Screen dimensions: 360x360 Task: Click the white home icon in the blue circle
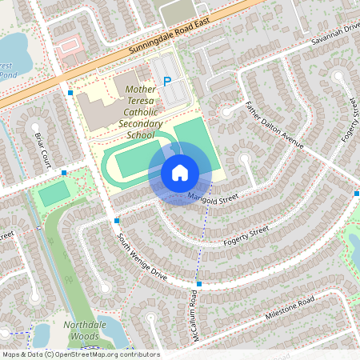(x=180, y=173)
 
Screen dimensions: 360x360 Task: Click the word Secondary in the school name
(x=140, y=124)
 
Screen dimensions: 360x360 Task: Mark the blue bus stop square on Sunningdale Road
(x=71, y=94)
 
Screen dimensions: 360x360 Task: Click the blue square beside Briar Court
(x=64, y=172)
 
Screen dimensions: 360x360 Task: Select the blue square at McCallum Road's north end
(x=198, y=283)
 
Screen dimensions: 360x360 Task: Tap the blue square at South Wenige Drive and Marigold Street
(x=117, y=220)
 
